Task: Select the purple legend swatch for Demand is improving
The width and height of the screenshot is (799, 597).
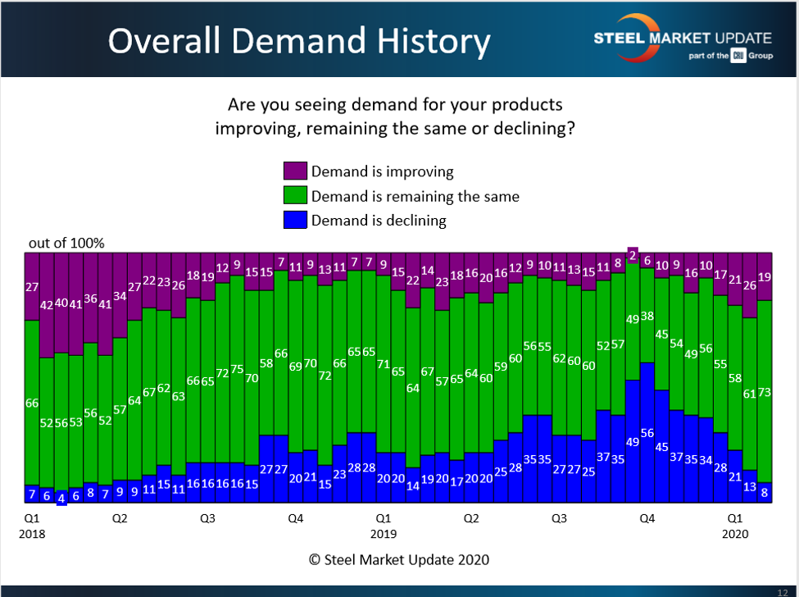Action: pos(295,171)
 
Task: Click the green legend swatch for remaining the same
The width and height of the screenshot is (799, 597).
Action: pos(295,196)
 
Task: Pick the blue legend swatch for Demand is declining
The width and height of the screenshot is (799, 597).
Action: pos(295,220)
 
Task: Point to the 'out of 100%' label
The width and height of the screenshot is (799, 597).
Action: pos(66,243)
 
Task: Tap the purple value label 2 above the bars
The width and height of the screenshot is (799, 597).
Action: pos(632,254)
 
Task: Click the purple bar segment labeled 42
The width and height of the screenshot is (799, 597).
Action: pos(47,304)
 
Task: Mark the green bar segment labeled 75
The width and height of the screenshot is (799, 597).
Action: pos(237,369)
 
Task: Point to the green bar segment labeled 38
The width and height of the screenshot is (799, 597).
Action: pos(647,316)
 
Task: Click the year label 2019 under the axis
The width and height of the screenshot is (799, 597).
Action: pos(383,533)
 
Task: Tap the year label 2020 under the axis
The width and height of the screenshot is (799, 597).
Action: pos(735,533)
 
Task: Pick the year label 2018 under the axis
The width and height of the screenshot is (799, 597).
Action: pos(32,533)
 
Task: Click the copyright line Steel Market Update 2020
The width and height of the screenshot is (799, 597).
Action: pos(399,560)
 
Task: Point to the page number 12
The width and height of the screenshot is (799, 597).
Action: pos(782,591)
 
